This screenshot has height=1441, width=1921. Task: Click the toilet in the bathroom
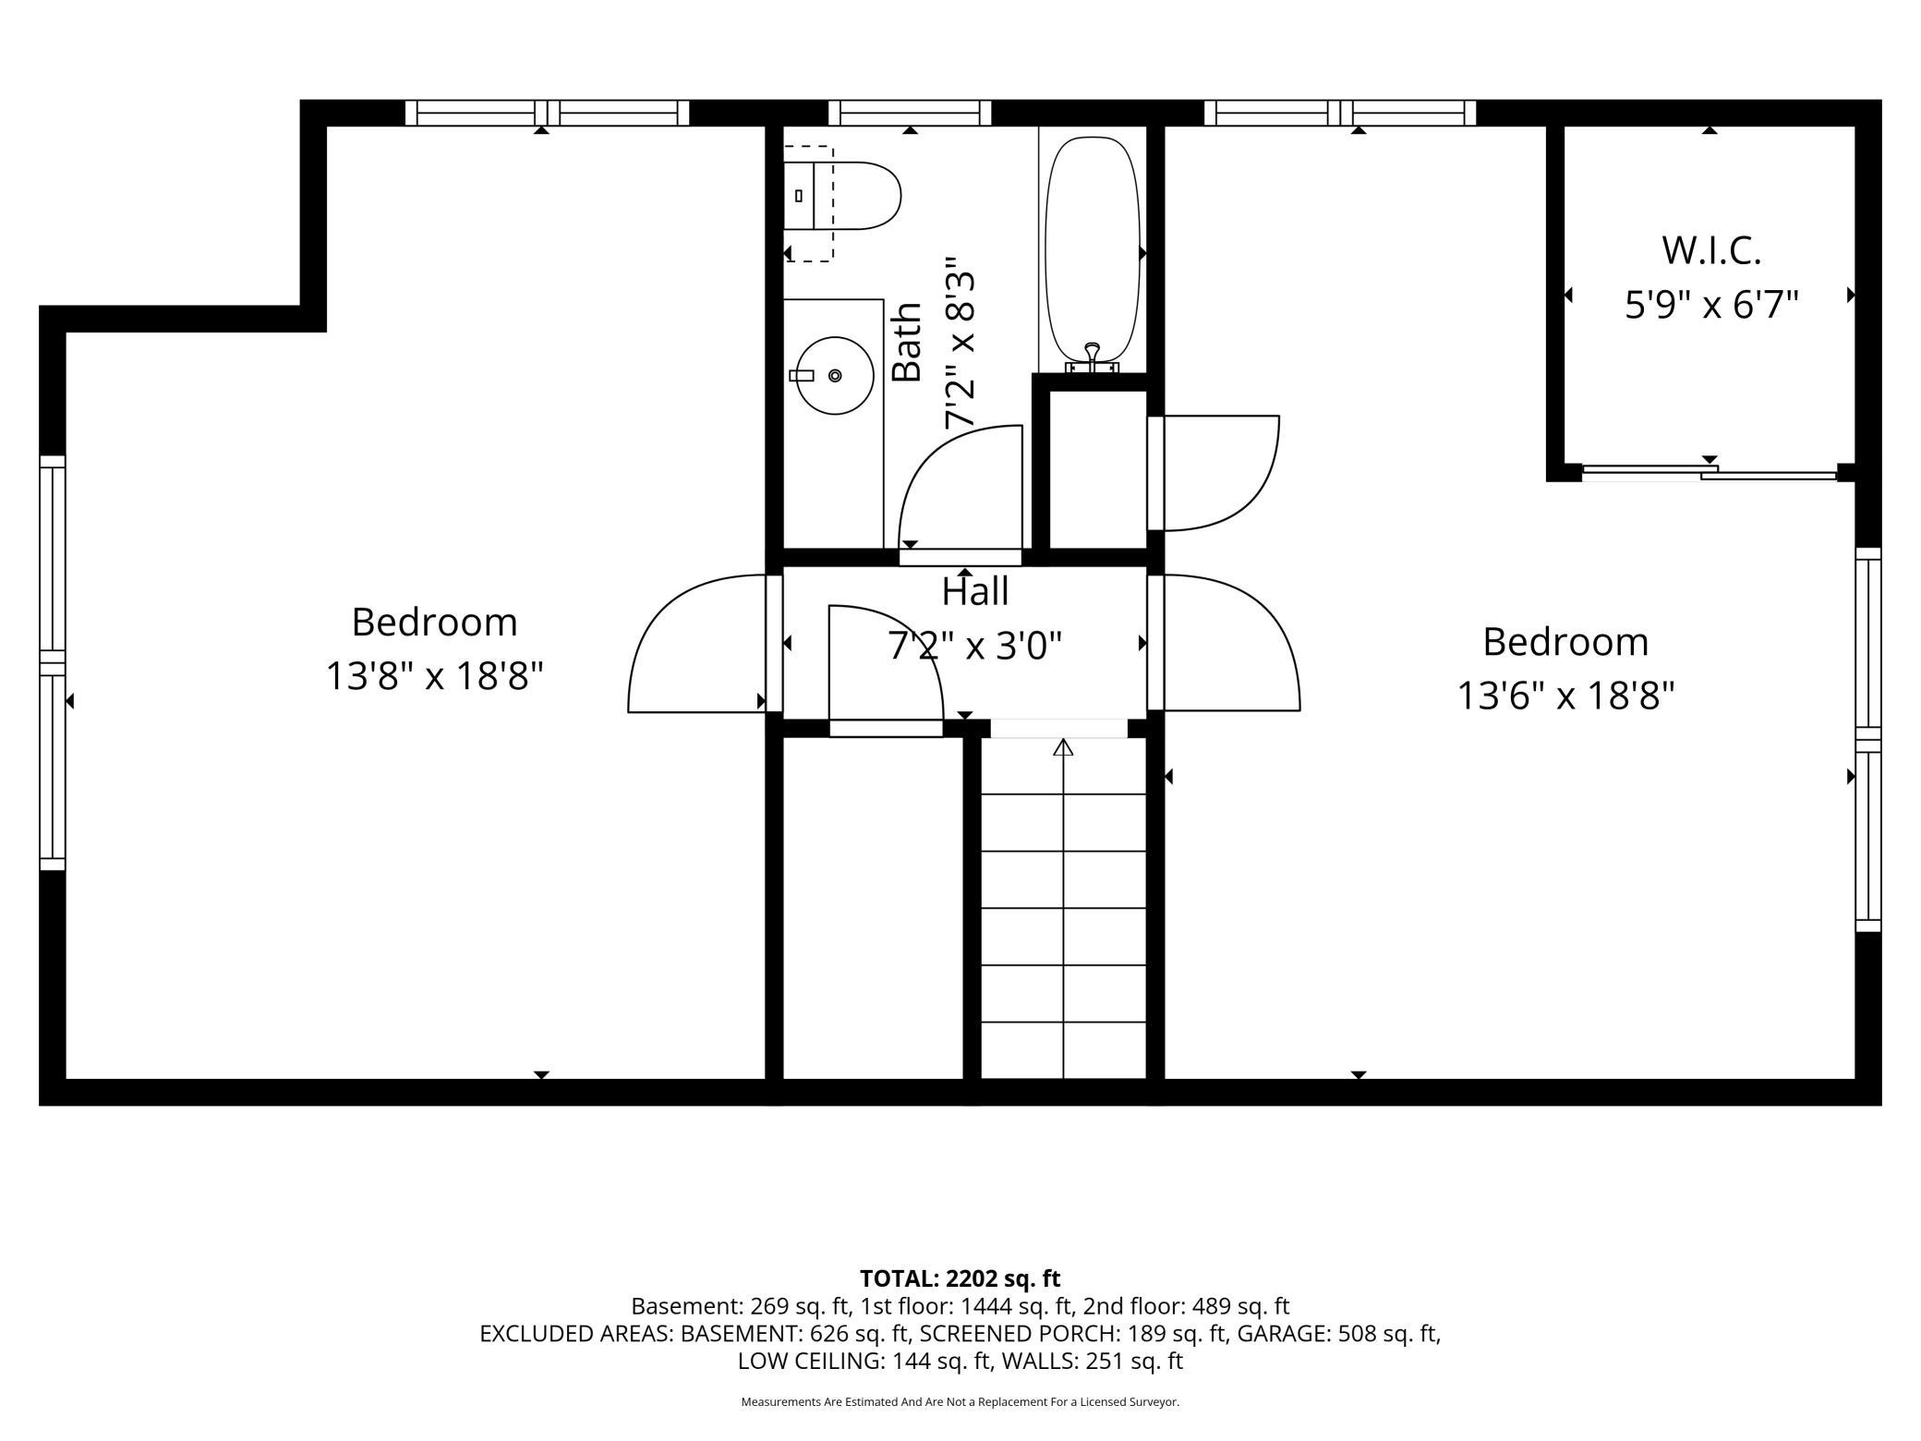841,196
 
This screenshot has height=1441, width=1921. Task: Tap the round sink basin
835,375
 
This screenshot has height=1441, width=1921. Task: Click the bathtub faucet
1093,358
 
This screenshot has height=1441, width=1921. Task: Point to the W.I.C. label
1711,250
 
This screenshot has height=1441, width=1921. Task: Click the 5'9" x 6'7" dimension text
1711,304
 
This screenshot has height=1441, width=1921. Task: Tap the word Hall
974,592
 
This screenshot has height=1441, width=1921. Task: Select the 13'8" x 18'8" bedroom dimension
433,676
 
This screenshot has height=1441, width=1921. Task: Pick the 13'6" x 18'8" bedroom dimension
1565,696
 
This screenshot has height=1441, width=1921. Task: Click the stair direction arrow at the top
1063,747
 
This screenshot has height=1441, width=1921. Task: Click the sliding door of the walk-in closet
1710,473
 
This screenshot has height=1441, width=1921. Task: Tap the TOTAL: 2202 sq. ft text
960,1278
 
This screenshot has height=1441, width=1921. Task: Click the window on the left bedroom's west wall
53,662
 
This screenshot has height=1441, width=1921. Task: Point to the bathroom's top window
910,113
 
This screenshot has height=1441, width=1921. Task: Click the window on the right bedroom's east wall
1868,739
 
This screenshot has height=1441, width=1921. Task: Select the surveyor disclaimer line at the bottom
960,1402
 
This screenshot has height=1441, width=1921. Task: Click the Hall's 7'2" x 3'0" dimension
974,646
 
